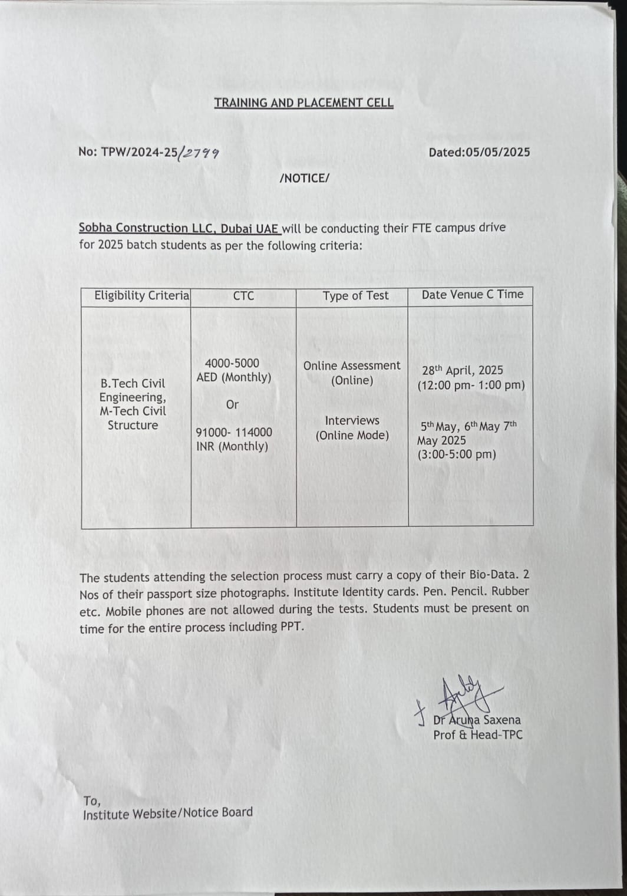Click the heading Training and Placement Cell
click(x=303, y=103)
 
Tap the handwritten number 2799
click(x=200, y=153)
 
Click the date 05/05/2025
click(x=497, y=152)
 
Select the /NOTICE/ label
click(x=305, y=178)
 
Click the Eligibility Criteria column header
click(x=141, y=295)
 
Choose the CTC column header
click(x=243, y=295)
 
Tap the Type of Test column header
click(x=355, y=295)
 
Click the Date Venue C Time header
click(x=472, y=295)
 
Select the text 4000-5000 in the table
click(x=232, y=363)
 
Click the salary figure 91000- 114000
click(x=234, y=432)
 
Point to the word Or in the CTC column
click(x=232, y=404)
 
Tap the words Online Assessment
click(x=352, y=365)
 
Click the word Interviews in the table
click(x=352, y=420)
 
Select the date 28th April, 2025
click(x=463, y=370)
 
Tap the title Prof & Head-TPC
click(x=478, y=734)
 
